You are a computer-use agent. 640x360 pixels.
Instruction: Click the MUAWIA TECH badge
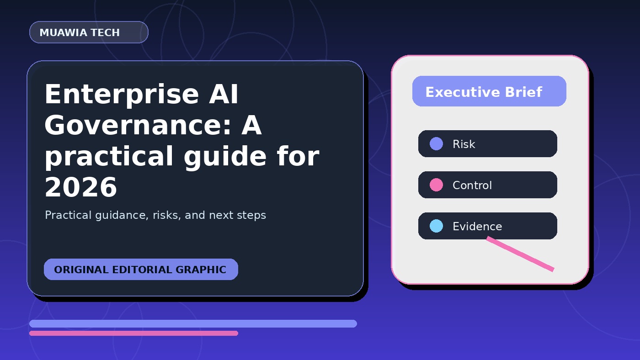(x=89, y=32)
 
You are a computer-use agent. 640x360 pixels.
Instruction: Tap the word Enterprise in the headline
(x=122, y=95)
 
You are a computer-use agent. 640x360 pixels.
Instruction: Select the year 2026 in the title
(x=81, y=187)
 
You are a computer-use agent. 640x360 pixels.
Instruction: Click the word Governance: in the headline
(x=138, y=126)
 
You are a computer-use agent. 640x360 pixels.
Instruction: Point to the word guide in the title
(x=225, y=157)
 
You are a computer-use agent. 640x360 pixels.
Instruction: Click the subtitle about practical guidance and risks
(x=155, y=215)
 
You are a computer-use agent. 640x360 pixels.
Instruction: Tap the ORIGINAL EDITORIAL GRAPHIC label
(x=141, y=270)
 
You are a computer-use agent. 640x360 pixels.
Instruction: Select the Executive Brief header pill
(x=489, y=91)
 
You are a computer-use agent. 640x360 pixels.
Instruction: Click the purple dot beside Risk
(x=436, y=143)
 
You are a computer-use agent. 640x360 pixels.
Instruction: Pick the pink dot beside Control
(x=436, y=185)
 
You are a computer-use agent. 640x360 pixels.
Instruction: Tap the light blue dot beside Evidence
(x=436, y=226)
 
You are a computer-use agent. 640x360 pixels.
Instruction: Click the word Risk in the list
(x=464, y=144)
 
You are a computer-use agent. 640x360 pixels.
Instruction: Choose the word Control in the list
(x=472, y=185)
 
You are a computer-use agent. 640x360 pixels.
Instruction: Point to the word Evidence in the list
(x=477, y=227)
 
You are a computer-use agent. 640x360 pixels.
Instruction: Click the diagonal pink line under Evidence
(x=520, y=254)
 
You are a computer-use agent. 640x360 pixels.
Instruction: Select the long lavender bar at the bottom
(x=193, y=323)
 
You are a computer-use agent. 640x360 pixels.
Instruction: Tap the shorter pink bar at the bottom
(x=133, y=333)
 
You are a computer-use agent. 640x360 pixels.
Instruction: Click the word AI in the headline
(x=224, y=95)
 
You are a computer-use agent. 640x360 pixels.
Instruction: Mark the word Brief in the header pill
(x=524, y=92)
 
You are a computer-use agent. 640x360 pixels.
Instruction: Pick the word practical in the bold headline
(x=109, y=157)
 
